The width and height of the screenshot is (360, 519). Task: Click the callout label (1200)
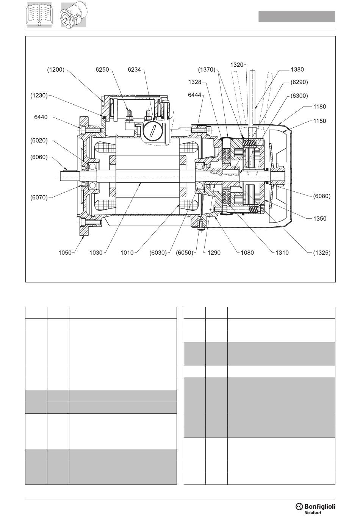tap(56, 69)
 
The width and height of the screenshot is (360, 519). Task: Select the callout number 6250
tap(102, 69)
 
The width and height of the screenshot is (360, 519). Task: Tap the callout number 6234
tap(135, 69)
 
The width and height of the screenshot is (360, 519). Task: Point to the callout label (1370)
tap(207, 69)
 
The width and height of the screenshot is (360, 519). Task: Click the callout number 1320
tap(237, 65)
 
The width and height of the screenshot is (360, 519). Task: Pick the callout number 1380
tap(297, 69)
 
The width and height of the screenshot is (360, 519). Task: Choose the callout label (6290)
tap(299, 82)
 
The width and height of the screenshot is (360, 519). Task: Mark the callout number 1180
tap(319, 107)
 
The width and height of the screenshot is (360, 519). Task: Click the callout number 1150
tap(319, 121)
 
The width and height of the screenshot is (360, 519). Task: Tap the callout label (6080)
tap(322, 196)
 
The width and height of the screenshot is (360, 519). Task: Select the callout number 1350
tap(320, 218)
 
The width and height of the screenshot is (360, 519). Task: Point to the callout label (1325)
tap(322, 252)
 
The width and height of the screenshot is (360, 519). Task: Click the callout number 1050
tap(65, 252)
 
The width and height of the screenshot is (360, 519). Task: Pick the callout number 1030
tap(96, 252)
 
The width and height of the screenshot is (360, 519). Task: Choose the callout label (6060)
tap(39, 157)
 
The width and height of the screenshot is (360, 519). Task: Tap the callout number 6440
tap(41, 117)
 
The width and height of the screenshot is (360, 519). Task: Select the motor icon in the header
tap(73, 15)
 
